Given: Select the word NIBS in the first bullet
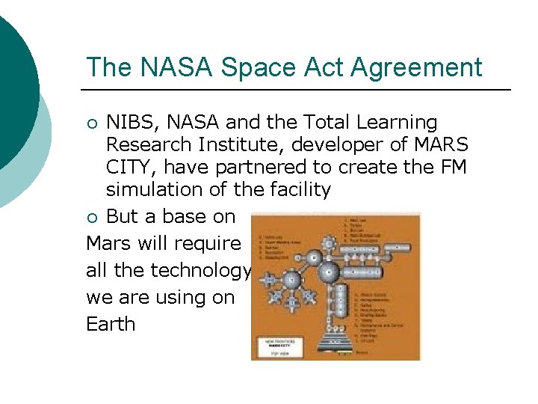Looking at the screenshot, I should click(132, 122).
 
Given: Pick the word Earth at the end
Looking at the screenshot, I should click(111, 324).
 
